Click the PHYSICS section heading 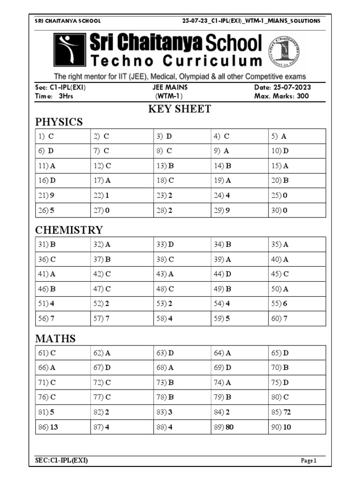pyautogui.click(x=59, y=122)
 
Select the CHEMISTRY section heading pyautogui.click(x=69, y=230)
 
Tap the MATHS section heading pyautogui.click(x=55, y=338)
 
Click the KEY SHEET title pyautogui.click(x=180, y=109)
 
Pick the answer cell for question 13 pyautogui.click(x=182, y=166)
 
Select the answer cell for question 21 pyautogui.click(x=63, y=195)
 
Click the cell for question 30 pyautogui.click(x=297, y=210)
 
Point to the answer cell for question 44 pyautogui.click(x=239, y=274)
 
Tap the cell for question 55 pyautogui.click(x=297, y=304)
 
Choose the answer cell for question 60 pyautogui.click(x=297, y=319)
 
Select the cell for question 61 pyautogui.click(x=63, y=353)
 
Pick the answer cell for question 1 pyautogui.click(x=63, y=136)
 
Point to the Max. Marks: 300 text pyautogui.click(x=281, y=97)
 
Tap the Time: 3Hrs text pyautogui.click(x=54, y=97)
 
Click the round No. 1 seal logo pyautogui.click(x=284, y=51)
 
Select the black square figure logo pyautogui.click(x=69, y=50)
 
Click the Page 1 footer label pyautogui.click(x=309, y=461)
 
